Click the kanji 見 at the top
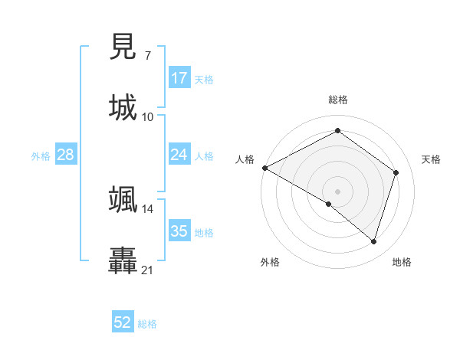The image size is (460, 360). tap(123, 47)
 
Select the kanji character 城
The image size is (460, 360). tap(123, 107)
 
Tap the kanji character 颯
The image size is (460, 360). tap(123, 199)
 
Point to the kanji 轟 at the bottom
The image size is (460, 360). tap(123, 260)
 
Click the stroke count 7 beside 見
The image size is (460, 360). tap(147, 55)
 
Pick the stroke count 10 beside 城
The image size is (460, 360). tap(148, 116)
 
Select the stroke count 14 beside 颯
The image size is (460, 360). tap(148, 208)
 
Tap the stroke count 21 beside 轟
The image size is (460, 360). tap(148, 270)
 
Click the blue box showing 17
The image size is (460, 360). tap(179, 78)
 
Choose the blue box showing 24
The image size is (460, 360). tap(179, 155)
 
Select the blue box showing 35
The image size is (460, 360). tap(179, 231)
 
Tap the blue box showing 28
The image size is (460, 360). tap(66, 155)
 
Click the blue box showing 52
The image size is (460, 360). tap(123, 322)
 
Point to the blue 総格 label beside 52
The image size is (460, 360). tap(148, 324)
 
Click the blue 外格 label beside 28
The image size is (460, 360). tap(41, 156)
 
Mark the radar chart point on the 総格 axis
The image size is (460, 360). tap(337, 131)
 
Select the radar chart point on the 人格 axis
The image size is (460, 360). tap(264, 168)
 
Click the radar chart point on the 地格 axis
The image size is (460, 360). tap(374, 241)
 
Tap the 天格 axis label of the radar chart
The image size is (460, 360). tap(432, 159)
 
